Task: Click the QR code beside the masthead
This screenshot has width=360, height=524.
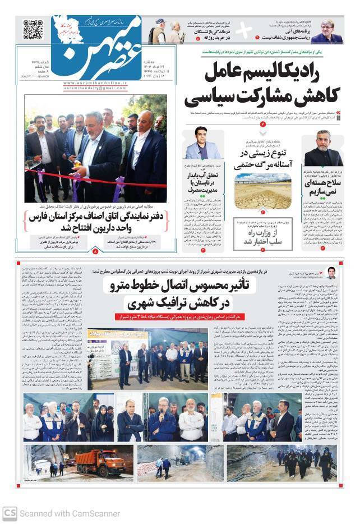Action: click(x=33, y=30)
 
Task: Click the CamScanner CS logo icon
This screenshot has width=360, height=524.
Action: click(x=9, y=512)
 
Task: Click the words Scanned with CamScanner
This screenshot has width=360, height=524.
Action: click(x=70, y=513)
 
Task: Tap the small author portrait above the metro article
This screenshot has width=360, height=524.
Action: click(x=331, y=273)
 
